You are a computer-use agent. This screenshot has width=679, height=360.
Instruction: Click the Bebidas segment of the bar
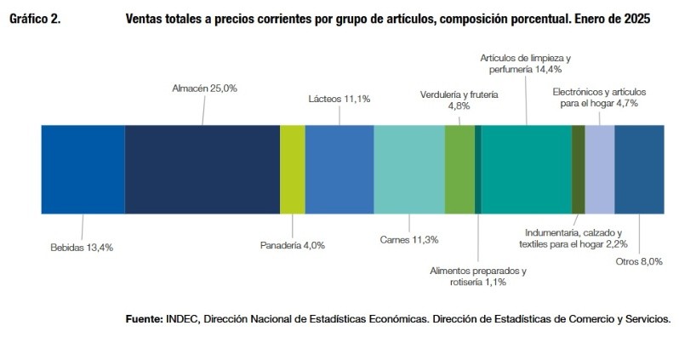[83, 169]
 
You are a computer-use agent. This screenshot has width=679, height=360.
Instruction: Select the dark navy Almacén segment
[202, 169]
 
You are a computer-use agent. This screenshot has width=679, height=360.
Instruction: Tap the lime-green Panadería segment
[292, 169]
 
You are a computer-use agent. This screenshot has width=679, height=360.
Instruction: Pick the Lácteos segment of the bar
[339, 169]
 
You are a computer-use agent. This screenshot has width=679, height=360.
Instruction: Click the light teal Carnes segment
[408, 169]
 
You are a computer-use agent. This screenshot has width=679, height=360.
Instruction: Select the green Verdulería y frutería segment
[459, 169]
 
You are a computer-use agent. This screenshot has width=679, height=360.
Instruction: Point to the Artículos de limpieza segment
[526, 169]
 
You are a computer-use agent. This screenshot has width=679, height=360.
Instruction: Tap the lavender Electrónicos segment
[599, 169]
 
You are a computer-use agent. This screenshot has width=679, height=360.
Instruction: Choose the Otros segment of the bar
[639, 169]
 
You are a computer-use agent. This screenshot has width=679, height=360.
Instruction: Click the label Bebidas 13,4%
[83, 248]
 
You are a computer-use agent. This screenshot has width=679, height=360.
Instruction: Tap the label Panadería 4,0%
[292, 245]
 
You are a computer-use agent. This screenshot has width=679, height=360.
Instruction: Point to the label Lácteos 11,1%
[339, 99]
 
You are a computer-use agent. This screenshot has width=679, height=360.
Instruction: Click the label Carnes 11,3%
[408, 239]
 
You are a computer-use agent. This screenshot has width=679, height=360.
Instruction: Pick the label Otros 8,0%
[639, 261]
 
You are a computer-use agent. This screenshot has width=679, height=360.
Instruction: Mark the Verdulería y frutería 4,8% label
[459, 100]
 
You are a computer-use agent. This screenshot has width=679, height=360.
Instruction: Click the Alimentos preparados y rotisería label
[476, 277]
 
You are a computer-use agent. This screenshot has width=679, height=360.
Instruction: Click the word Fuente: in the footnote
[144, 319]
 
